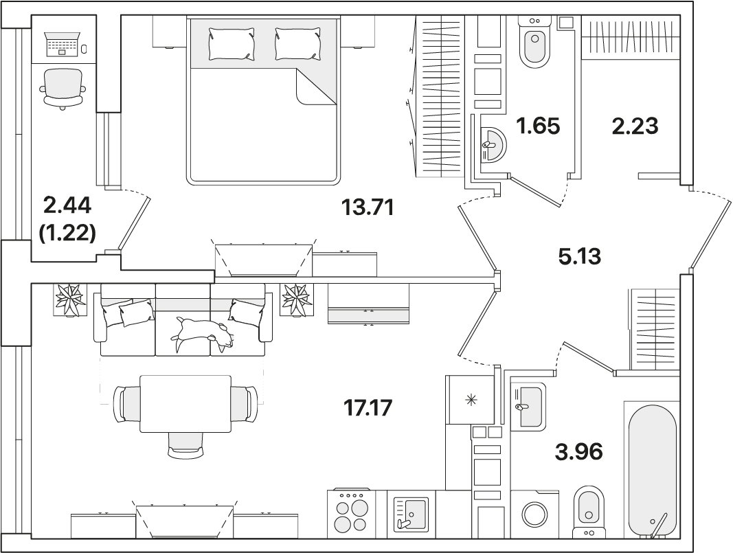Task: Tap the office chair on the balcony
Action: (x=63, y=89)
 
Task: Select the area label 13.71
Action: (x=368, y=207)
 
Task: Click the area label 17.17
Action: (x=368, y=407)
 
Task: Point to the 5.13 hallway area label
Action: (x=580, y=256)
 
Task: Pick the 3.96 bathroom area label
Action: (x=578, y=451)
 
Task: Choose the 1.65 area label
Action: (x=538, y=126)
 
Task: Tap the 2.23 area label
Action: (x=635, y=126)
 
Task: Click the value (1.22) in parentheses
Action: (x=67, y=232)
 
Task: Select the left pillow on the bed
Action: (x=232, y=43)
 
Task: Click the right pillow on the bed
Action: (x=298, y=43)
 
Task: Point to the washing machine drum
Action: (x=534, y=515)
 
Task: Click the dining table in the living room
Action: (x=185, y=404)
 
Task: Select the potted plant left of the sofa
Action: (x=70, y=300)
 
